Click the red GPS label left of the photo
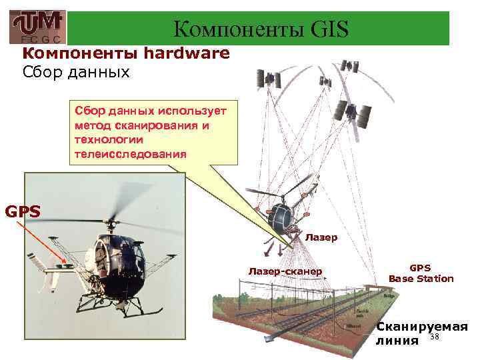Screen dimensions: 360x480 pos(23,212)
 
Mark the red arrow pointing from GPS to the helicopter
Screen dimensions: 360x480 pos(43,243)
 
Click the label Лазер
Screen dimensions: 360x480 pos(321,237)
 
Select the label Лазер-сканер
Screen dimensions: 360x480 pos(285,271)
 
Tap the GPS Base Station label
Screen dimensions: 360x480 pos(421,273)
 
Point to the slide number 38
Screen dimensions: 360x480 pos(435,338)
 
